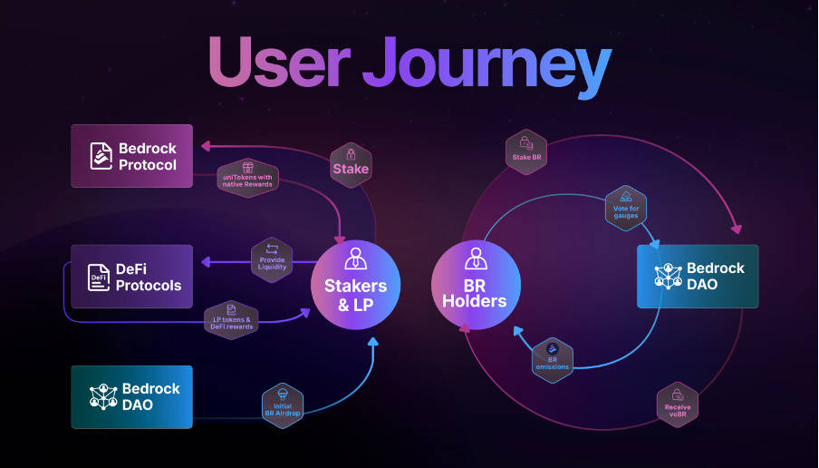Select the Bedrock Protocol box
pos(132,156)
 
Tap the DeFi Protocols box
pos(132,276)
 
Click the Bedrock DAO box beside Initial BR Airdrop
pos(132,396)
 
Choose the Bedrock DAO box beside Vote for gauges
pos(698,276)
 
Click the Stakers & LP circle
pos(356,285)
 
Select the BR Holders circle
pos(475,285)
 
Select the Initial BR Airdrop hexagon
pos(281,402)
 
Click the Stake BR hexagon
pos(525,151)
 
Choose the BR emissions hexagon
pos(552,360)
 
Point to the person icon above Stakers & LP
pos(355,258)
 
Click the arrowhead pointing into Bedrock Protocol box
pos(205,145)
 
